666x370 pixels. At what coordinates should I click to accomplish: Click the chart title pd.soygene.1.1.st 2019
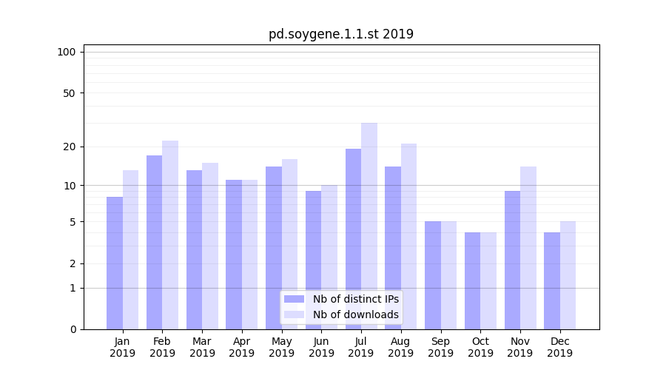click(x=340, y=34)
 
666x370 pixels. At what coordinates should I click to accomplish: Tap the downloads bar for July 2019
click(x=369, y=226)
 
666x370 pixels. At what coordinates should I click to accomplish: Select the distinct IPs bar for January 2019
click(x=115, y=263)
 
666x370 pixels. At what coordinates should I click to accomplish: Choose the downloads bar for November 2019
click(x=528, y=248)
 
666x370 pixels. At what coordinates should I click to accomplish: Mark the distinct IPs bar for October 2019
click(x=472, y=280)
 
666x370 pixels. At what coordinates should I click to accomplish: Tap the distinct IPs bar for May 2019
click(x=274, y=248)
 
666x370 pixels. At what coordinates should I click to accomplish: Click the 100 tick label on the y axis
click(x=67, y=52)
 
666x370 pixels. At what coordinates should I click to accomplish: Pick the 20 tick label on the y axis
click(x=69, y=147)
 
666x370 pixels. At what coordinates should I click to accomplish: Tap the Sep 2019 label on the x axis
click(x=440, y=347)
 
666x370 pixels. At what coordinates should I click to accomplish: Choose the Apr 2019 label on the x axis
click(x=242, y=347)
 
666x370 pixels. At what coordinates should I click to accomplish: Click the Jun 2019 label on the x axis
click(x=321, y=347)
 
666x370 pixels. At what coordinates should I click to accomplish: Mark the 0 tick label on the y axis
click(x=73, y=329)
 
